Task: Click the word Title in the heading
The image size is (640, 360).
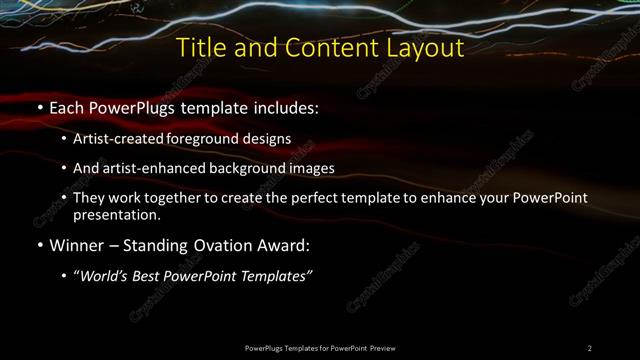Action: [x=198, y=47]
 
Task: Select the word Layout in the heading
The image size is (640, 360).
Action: [x=425, y=47]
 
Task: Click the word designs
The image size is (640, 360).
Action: [x=264, y=139]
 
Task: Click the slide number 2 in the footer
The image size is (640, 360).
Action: [x=589, y=347]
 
